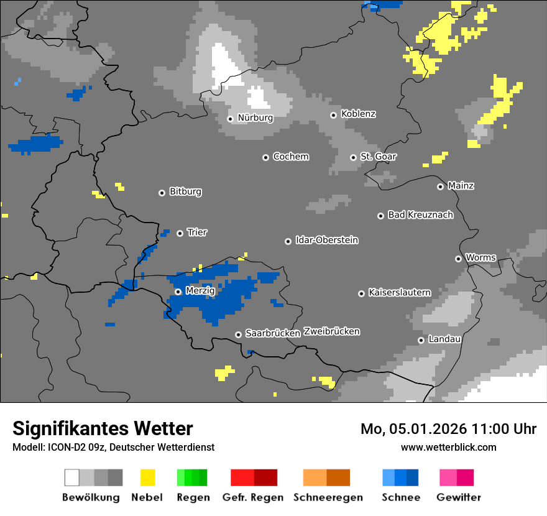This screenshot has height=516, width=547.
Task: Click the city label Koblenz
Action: (x=359, y=114)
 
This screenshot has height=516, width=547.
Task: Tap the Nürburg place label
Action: (x=255, y=117)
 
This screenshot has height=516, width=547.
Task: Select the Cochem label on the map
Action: (x=291, y=157)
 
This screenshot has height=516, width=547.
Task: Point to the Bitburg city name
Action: (x=185, y=192)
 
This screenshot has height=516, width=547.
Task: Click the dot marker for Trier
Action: (x=180, y=233)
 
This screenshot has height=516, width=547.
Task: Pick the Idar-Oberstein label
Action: (x=327, y=241)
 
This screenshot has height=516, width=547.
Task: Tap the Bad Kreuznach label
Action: (x=420, y=215)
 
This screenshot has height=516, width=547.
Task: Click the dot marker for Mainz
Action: (x=440, y=187)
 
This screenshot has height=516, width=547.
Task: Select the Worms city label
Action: (x=480, y=258)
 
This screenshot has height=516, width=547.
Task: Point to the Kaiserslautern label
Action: (x=399, y=292)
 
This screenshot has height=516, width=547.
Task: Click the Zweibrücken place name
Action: (x=331, y=331)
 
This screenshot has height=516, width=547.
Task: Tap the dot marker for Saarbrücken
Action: (x=238, y=334)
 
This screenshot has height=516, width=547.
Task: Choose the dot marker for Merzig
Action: (x=178, y=292)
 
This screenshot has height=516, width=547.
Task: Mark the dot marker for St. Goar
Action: (x=353, y=157)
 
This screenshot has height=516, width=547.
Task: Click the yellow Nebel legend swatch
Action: (x=147, y=477)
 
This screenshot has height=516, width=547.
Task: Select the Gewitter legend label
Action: (x=459, y=497)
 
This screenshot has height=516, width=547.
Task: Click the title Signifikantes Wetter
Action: (x=103, y=428)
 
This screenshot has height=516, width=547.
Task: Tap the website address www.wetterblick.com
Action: (x=448, y=447)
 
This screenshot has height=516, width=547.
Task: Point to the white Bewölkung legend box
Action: (x=72, y=477)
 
